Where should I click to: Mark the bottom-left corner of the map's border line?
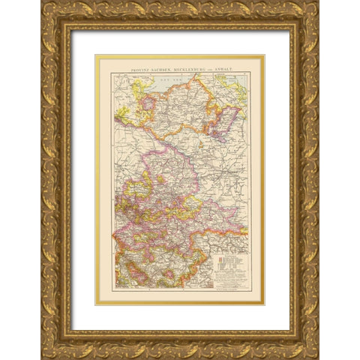click(114, 289)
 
